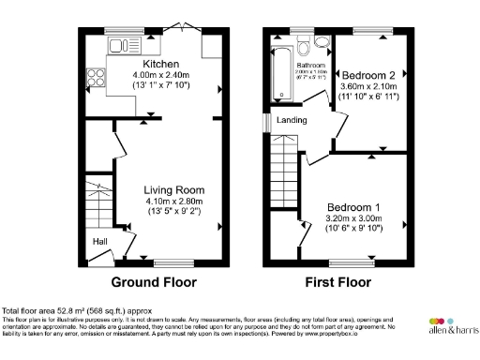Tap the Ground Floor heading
click(x=154, y=281)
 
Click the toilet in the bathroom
click(x=305, y=47)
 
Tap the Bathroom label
click(x=310, y=65)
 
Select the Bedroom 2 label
click(x=367, y=74)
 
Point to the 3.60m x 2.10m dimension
click(x=367, y=85)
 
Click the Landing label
click(x=292, y=121)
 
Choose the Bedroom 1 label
click(x=352, y=207)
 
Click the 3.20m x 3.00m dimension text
click(x=352, y=218)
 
